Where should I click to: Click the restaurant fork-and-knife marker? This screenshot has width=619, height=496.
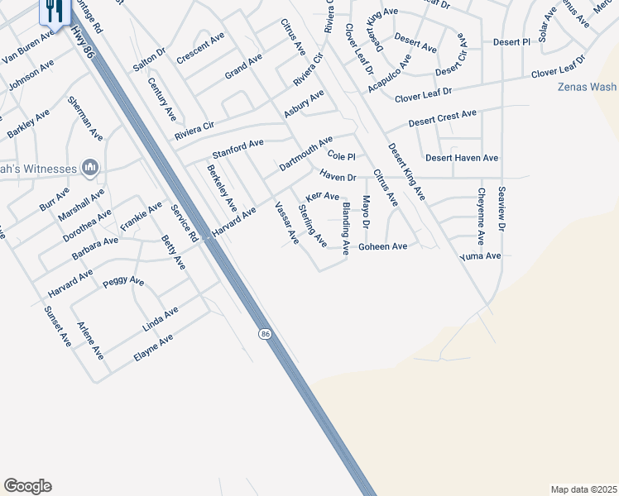[x=52, y=11]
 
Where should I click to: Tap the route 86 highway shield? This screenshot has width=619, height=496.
[x=264, y=333]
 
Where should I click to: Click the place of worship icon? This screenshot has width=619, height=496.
[x=91, y=168]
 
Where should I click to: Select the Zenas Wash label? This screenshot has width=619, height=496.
[x=587, y=87]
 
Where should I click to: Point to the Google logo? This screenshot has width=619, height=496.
[x=27, y=486]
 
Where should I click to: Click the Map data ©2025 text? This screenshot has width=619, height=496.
[x=583, y=489]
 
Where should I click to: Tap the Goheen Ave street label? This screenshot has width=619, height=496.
[x=382, y=246]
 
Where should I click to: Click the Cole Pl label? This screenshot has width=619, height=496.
[x=341, y=155]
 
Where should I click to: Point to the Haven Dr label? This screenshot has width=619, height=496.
[x=338, y=176]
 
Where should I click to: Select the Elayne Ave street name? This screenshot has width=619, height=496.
[x=154, y=349]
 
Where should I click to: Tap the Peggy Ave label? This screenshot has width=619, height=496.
[x=123, y=282]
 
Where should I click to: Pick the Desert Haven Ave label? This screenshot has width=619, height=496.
[x=462, y=157]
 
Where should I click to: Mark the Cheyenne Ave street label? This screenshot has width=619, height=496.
[x=481, y=216]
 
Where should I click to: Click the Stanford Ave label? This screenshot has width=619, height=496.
[x=238, y=149]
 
